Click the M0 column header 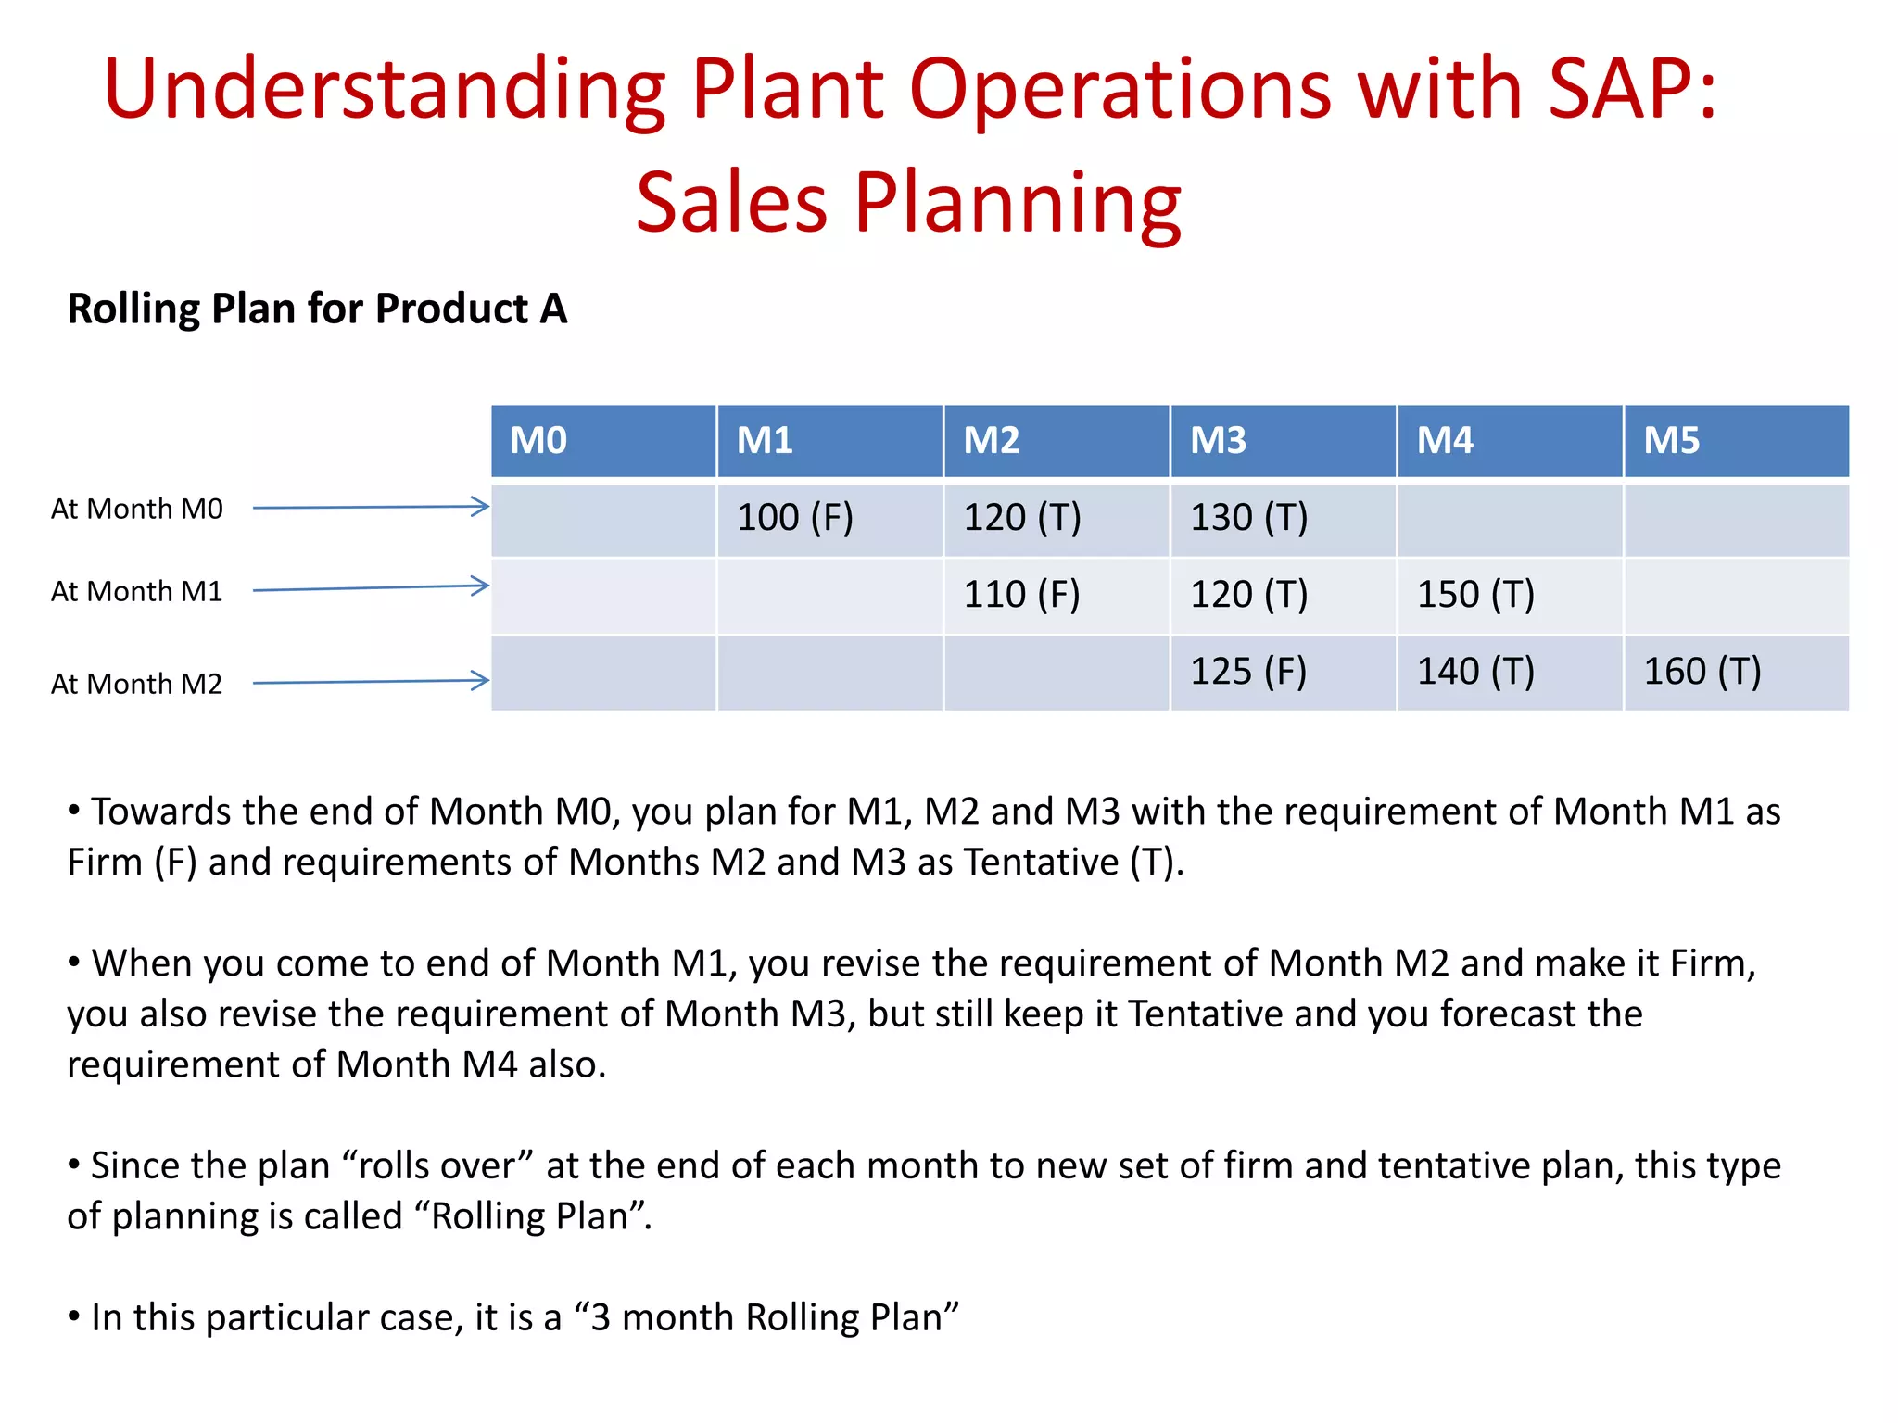pos(602,440)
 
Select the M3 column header pos(1283,440)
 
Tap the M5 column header pos(1736,440)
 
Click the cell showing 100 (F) pos(795,517)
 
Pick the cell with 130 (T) pos(1249,517)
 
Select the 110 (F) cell pos(1022,594)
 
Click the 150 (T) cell pos(1475,594)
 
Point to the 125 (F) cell pos(1249,671)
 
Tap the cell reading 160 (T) pos(1702,671)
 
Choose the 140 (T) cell pos(1475,671)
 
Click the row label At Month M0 pos(137,509)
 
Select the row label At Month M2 pos(137,684)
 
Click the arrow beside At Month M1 pos(371,587)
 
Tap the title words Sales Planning pos(908,202)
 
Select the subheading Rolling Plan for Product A pos(317,309)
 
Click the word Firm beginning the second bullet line pos(104,863)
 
